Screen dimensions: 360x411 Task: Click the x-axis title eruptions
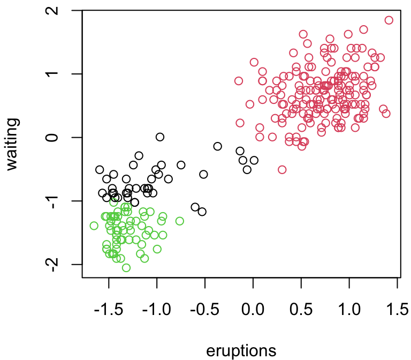point(241,350)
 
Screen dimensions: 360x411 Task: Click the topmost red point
point(389,20)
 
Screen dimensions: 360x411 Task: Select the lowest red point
point(282,170)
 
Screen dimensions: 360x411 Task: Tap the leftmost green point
point(94,226)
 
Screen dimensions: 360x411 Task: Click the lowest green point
point(126,268)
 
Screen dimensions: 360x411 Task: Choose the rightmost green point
point(180,221)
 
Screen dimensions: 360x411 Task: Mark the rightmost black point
point(254,160)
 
